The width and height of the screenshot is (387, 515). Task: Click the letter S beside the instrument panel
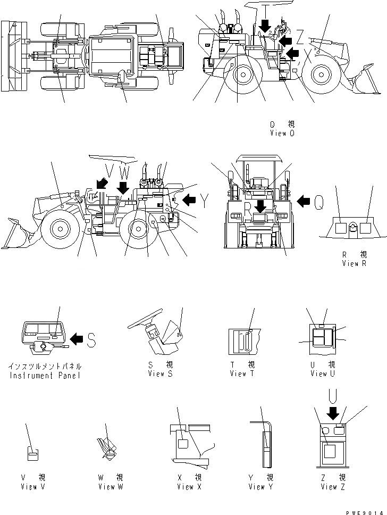[91, 339]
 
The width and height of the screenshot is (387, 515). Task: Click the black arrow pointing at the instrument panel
[77, 338]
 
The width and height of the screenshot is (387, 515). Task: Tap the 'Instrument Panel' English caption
[45, 376]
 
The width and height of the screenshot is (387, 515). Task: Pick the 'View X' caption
[189, 486]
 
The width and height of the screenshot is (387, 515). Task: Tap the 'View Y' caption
[260, 486]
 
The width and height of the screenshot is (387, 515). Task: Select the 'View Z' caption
[333, 486]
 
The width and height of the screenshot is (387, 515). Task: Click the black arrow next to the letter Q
[303, 201]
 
